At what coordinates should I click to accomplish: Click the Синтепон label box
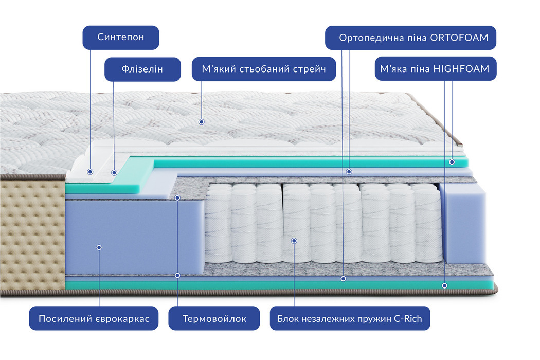click(x=121, y=38)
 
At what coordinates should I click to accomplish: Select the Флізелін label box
click(x=143, y=69)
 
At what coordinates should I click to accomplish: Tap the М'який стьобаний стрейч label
click(x=264, y=69)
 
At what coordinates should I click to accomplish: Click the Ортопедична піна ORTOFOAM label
click(x=410, y=38)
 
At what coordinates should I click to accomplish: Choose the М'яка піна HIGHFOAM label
click(x=436, y=68)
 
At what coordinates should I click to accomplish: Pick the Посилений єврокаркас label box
click(x=94, y=319)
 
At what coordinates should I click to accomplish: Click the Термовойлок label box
click(x=214, y=319)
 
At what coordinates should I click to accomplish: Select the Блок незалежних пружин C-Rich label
click(x=349, y=319)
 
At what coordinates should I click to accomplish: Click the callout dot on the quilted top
click(x=202, y=122)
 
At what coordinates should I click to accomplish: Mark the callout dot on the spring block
click(x=294, y=240)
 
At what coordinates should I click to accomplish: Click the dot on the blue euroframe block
click(x=99, y=247)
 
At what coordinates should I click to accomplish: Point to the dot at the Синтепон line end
click(x=90, y=172)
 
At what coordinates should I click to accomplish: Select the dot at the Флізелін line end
click(x=114, y=173)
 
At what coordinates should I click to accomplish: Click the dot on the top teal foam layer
click(x=452, y=161)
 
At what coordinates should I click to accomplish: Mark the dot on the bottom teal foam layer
click(x=444, y=285)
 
